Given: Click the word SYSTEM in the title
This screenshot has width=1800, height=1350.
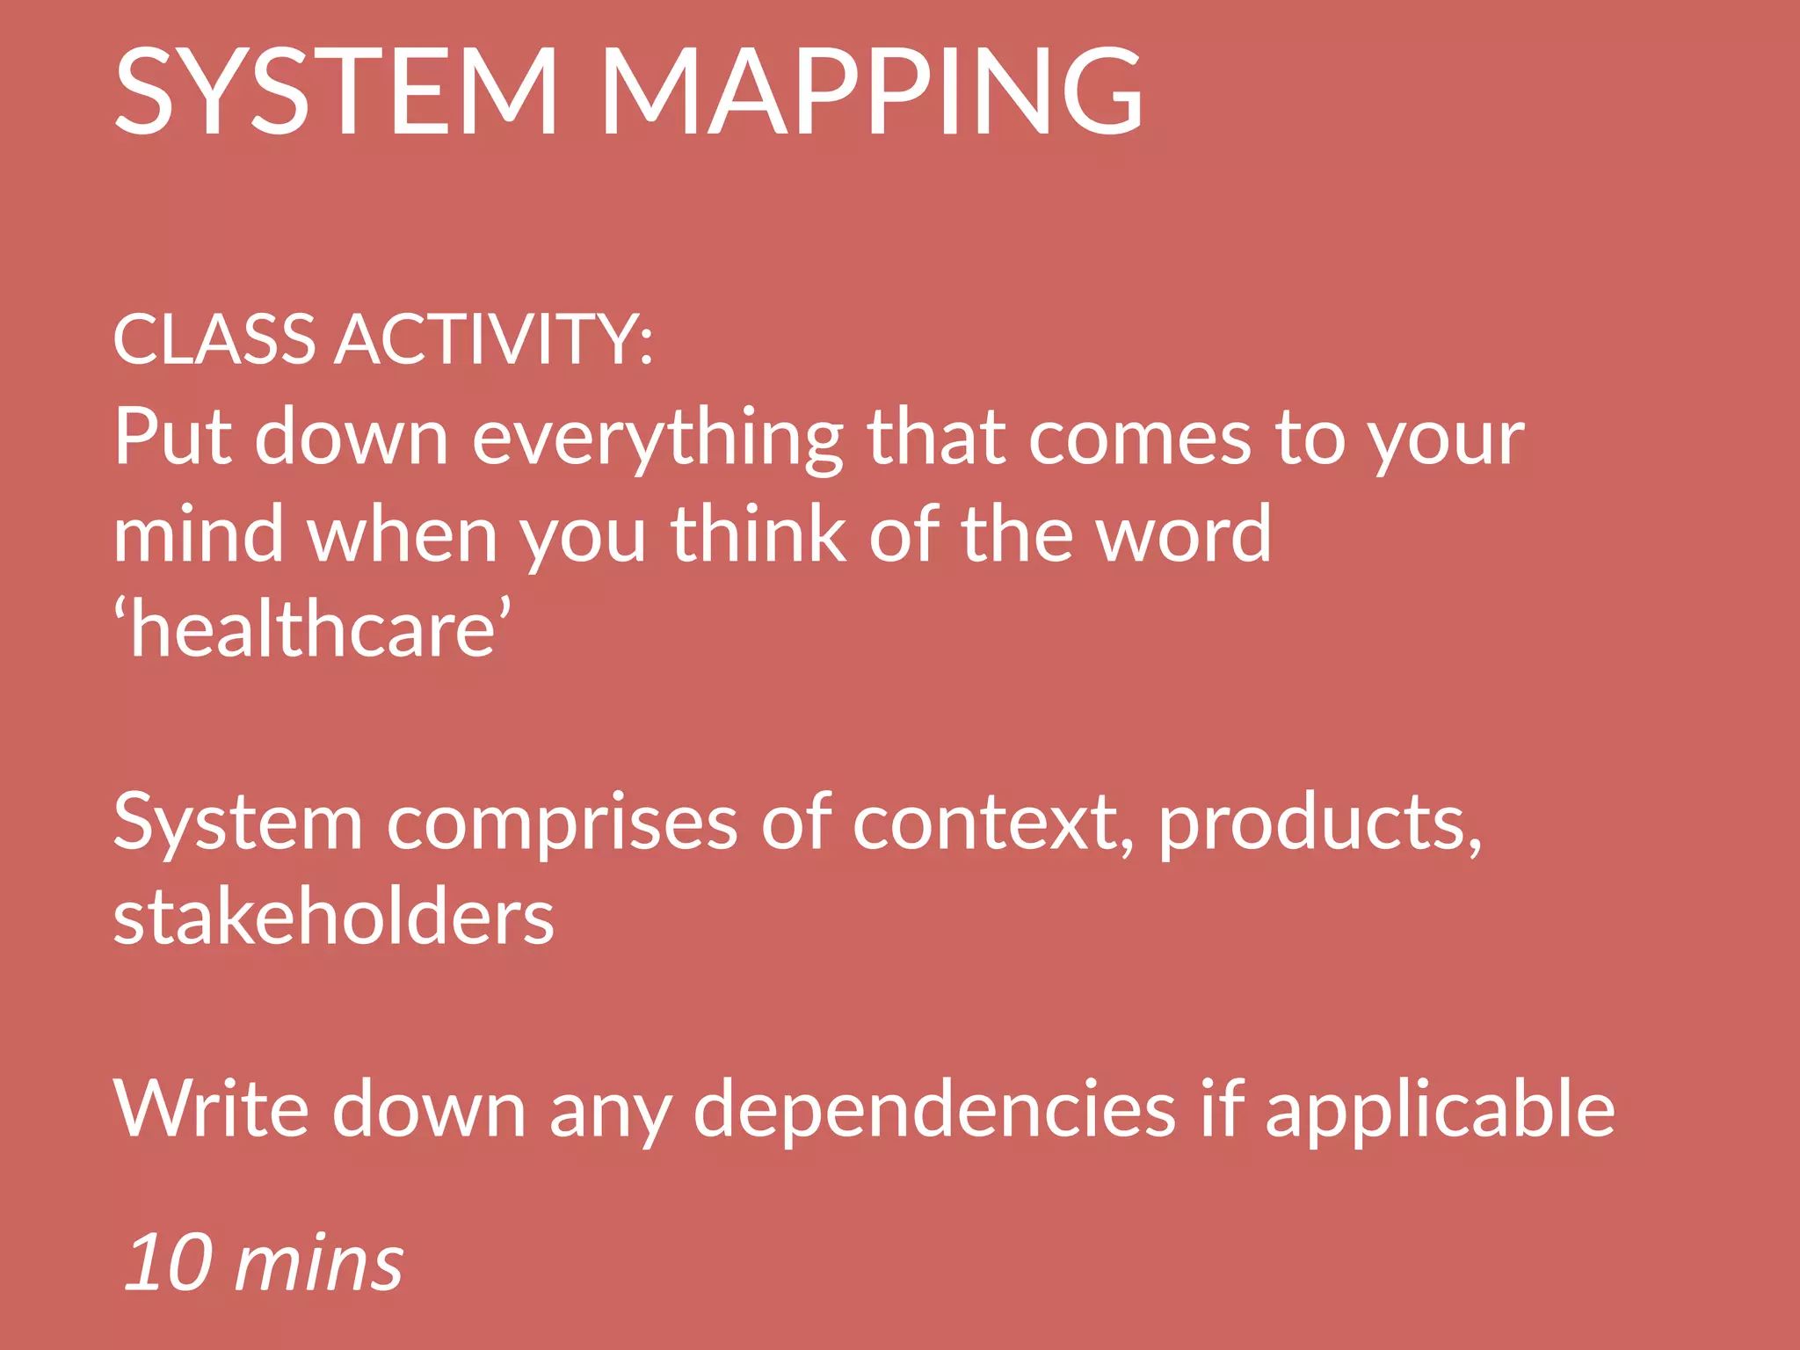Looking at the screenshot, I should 337,92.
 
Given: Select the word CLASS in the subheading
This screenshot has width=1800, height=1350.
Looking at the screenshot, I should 214,339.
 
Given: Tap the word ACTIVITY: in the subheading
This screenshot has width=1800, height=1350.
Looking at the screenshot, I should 494,339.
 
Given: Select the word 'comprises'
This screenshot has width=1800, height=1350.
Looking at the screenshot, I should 562,824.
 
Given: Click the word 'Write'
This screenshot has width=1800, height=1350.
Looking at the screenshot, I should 211,1109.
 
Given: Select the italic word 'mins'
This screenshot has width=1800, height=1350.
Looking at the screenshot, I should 320,1264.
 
